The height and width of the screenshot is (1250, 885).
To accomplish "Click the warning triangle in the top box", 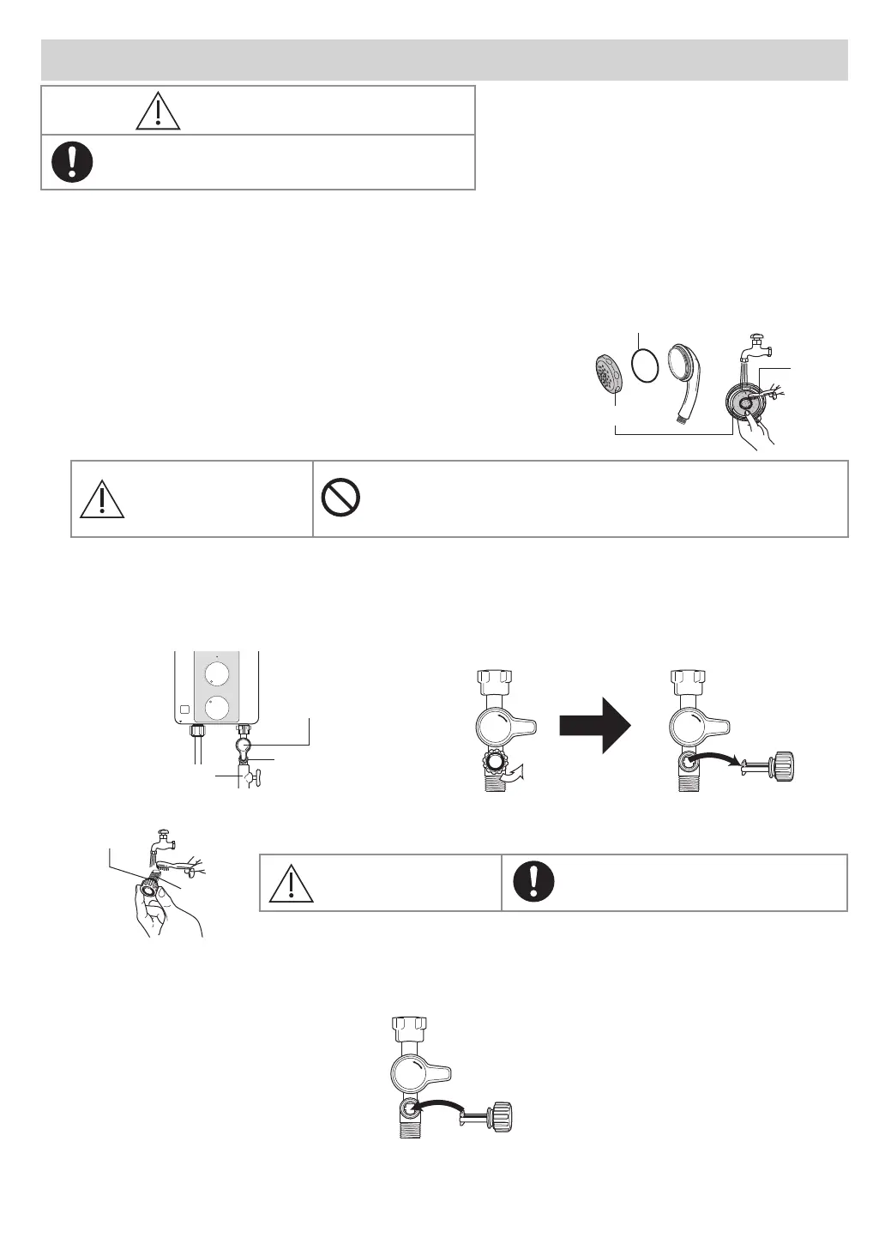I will click(x=158, y=111).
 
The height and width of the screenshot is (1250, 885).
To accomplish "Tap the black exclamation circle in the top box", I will click(x=72, y=161).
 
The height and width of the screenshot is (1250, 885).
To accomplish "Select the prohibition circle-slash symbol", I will click(x=340, y=498).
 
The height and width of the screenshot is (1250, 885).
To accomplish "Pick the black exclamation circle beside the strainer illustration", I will click(x=534, y=880).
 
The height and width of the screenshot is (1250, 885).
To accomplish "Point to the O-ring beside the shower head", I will click(x=646, y=365).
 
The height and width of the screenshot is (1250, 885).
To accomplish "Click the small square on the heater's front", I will click(x=184, y=710).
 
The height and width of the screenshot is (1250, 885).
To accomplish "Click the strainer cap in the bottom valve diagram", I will click(x=501, y=1119).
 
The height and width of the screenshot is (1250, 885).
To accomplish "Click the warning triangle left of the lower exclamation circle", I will click(x=292, y=883).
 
